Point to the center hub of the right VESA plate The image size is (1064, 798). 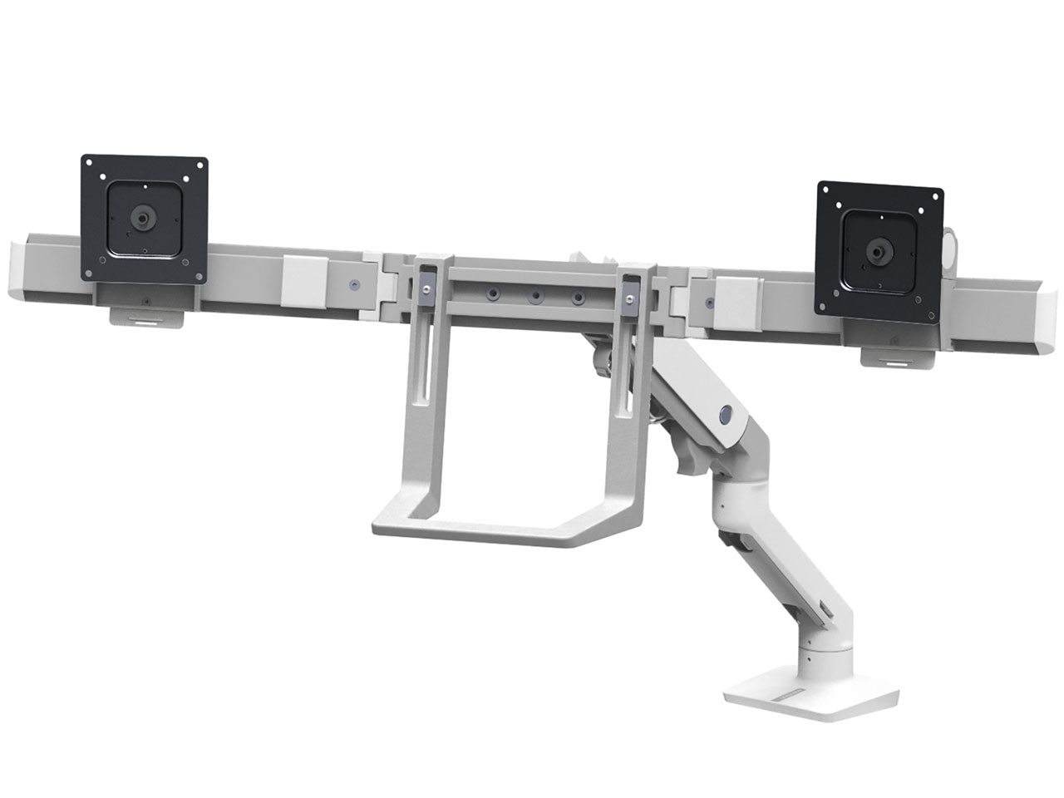[x=878, y=249]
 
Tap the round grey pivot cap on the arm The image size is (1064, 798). [x=726, y=413]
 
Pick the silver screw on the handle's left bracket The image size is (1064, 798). [x=426, y=288]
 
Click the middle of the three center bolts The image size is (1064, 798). [x=535, y=295]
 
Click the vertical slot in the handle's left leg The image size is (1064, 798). [x=425, y=374]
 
